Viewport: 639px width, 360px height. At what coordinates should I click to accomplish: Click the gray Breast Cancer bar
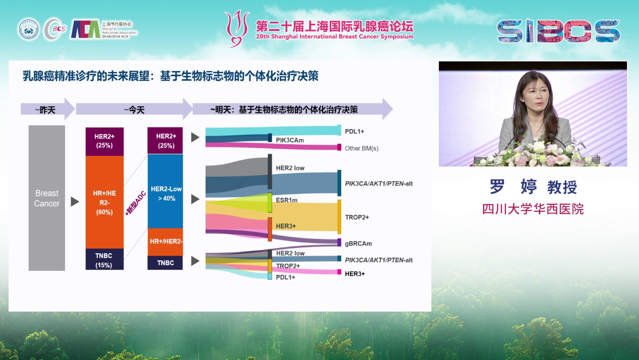(47, 198)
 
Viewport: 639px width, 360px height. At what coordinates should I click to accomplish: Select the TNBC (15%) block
(104, 259)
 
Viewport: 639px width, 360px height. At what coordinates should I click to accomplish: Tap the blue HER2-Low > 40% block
(165, 191)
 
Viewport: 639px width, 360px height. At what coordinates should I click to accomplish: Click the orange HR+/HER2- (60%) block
(104, 202)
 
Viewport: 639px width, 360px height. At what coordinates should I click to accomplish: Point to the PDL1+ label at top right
(354, 132)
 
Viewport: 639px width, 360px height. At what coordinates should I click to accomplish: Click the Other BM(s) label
(361, 148)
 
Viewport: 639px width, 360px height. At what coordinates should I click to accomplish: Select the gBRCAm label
(358, 244)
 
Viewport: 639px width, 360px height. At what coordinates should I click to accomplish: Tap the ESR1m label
(286, 200)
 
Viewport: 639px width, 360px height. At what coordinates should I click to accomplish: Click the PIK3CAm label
(290, 140)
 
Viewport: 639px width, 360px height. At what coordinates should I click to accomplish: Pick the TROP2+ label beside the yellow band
(357, 217)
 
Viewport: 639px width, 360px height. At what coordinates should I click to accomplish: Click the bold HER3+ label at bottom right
(355, 274)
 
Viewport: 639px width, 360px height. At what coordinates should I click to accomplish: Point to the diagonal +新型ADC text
(136, 203)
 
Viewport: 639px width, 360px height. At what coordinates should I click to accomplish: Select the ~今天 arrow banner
(134, 109)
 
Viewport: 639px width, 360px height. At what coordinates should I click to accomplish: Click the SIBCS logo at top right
(558, 31)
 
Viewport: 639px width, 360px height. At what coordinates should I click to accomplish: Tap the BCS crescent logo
(55, 29)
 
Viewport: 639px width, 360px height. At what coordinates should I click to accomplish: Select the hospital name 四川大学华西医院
(533, 209)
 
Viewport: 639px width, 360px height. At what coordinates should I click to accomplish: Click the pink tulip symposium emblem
(237, 29)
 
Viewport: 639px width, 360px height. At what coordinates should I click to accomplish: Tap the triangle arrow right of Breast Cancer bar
(75, 202)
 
